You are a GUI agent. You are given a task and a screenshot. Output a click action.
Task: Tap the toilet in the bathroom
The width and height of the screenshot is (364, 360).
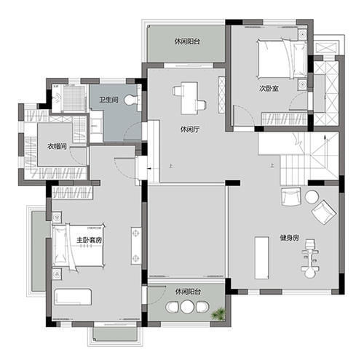tap(131, 100)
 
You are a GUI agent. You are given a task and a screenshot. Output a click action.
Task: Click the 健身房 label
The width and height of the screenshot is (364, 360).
tap(289, 238)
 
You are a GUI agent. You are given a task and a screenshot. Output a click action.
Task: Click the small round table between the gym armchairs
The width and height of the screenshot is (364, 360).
tap(312, 196)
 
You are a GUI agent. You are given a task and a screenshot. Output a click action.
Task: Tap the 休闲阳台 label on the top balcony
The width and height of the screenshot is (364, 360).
tap(188, 41)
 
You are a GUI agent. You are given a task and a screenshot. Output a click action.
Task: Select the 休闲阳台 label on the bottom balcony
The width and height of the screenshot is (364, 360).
tap(188, 292)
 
